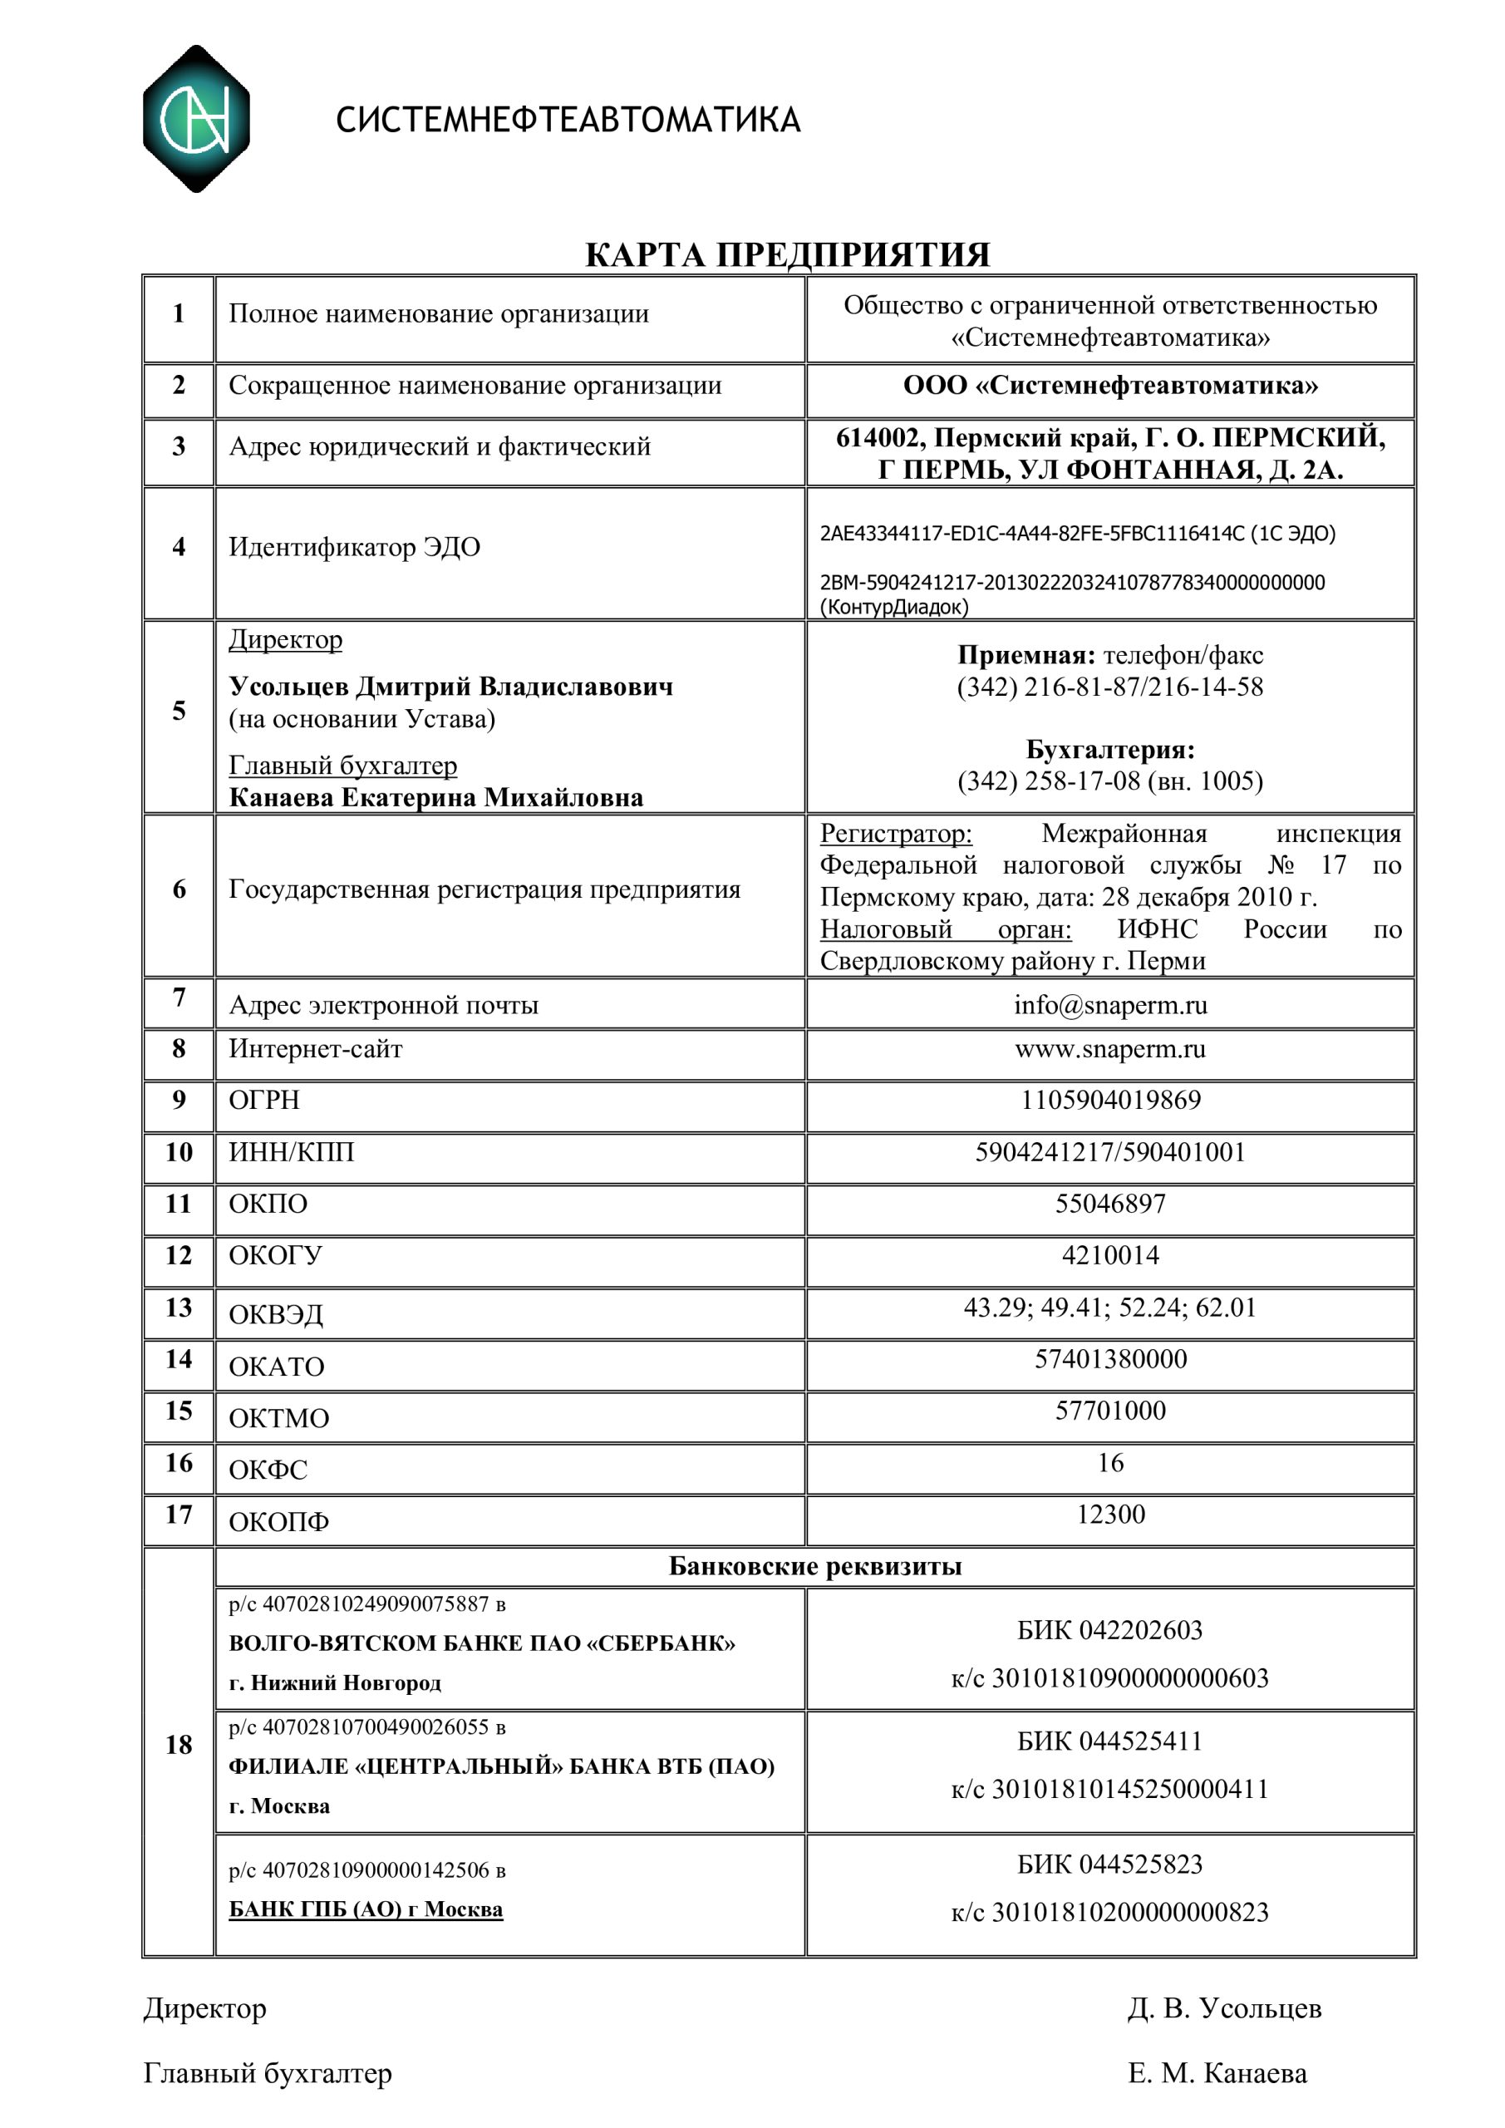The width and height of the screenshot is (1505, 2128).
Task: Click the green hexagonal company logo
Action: (195, 119)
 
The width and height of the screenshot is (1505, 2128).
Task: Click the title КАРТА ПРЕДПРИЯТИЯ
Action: (787, 255)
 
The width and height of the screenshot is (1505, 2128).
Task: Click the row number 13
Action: (178, 1308)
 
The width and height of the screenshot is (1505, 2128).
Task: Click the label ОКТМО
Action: (278, 1419)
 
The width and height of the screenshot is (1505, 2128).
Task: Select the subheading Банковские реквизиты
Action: (814, 1566)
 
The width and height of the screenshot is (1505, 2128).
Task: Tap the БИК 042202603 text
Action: (1109, 1630)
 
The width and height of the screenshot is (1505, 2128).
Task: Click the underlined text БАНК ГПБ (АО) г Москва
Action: (365, 1909)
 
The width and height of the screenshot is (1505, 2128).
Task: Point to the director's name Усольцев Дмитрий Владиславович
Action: (450, 687)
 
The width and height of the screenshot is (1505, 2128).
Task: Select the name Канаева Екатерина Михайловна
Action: (435, 798)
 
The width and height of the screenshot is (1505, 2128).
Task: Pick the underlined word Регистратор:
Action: (895, 834)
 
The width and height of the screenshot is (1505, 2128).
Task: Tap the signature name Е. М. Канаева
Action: (1217, 2073)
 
